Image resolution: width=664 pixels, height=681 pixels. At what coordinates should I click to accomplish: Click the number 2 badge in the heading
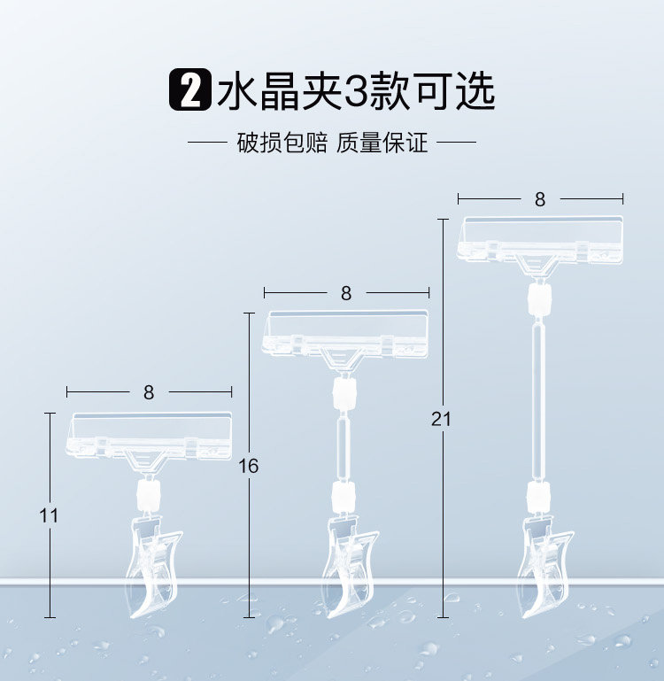(189, 92)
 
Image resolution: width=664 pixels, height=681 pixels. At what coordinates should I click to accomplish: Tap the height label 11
(50, 515)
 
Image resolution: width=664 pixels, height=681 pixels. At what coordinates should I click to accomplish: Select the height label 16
(249, 466)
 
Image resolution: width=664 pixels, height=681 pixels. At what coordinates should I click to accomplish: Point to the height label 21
(441, 419)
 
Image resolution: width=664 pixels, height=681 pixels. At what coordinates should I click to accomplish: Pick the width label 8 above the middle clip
(346, 293)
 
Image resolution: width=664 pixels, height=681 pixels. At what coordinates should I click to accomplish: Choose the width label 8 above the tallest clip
(540, 199)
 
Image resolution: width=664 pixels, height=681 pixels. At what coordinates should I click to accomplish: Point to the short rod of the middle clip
(342, 443)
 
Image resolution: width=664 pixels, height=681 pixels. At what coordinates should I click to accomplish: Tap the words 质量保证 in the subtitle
(382, 143)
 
